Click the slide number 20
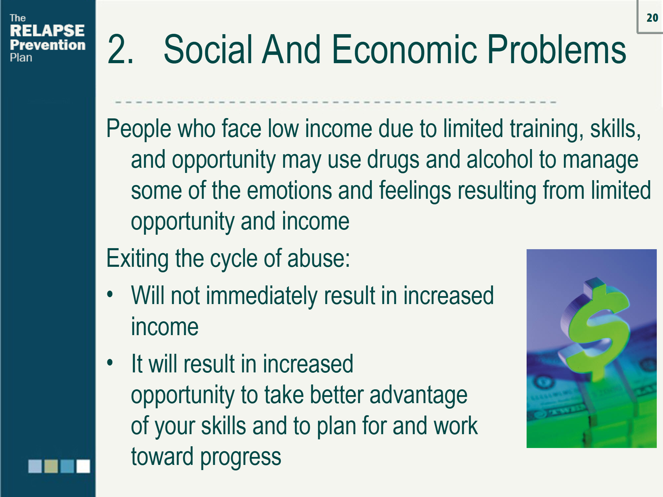652,18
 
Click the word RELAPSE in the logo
47,31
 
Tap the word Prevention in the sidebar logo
48,45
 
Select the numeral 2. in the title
120,50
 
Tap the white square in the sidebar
83,466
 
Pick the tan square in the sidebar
51,466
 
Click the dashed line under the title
335,102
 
